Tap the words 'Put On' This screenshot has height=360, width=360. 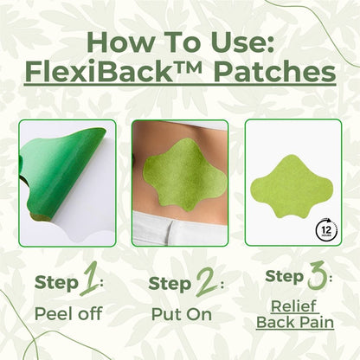179,312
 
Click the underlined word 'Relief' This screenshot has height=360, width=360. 295,305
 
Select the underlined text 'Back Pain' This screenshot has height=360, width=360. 295,322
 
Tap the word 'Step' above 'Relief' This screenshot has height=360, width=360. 281,277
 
